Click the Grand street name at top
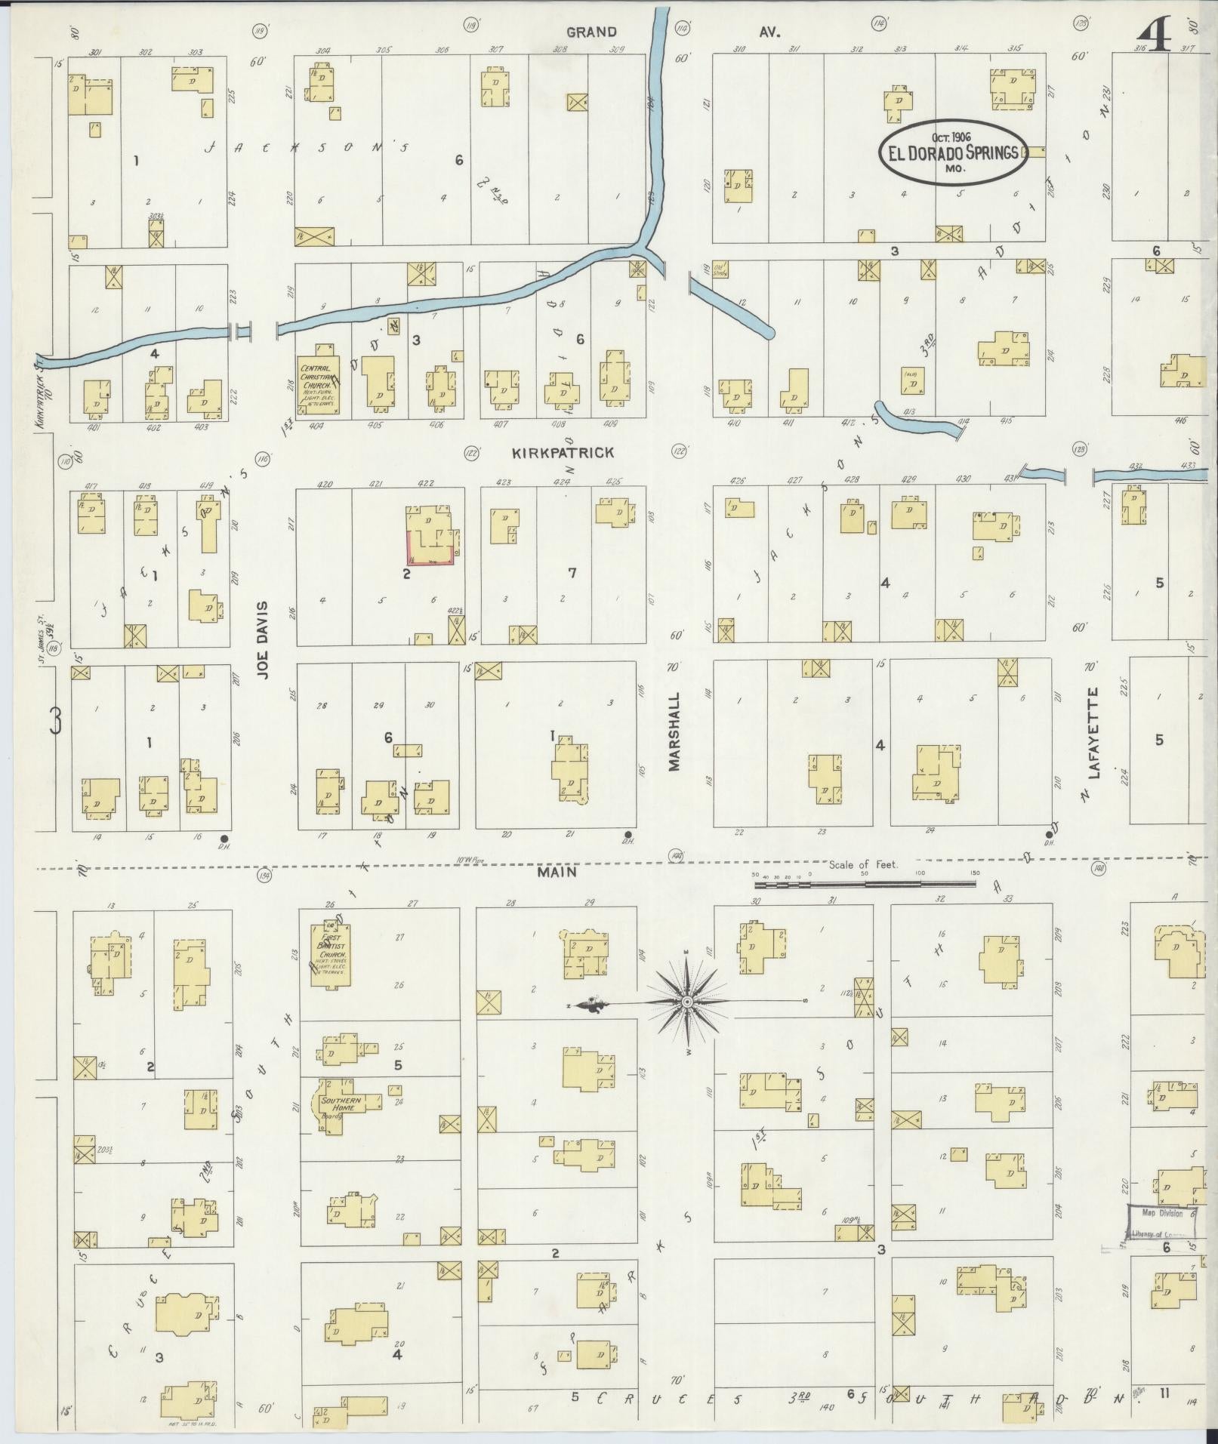coord(591,32)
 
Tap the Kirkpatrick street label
coord(563,453)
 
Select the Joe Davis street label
coord(262,651)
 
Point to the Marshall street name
coord(674,731)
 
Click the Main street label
coord(557,872)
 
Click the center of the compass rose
coord(687,1002)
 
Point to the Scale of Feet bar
coord(865,883)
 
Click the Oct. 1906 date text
coord(950,137)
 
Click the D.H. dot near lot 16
coord(224,839)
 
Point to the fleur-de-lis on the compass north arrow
coord(589,1005)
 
